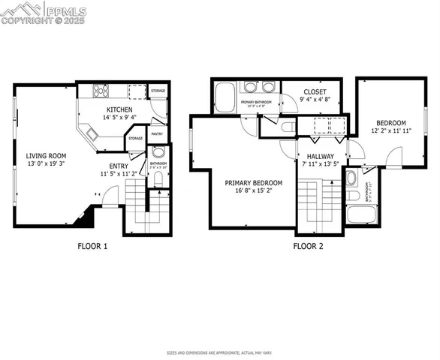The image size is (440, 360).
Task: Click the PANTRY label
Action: tap(157, 133)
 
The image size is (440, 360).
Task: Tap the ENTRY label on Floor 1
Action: tap(119, 166)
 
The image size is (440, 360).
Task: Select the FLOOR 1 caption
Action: tap(93, 245)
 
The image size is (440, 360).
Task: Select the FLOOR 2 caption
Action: tap(309, 245)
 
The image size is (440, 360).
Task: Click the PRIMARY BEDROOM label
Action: tap(254, 182)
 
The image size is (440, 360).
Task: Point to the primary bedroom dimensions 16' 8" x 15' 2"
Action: tap(254, 190)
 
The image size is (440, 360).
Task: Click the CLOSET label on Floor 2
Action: tap(315, 91)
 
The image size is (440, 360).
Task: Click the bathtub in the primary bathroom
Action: tap(225, 95)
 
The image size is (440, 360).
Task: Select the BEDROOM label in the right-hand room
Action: tap(390, 123)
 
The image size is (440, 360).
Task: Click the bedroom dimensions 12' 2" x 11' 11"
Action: tap(390, 131)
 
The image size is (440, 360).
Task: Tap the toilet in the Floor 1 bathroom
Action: tap(158, 179)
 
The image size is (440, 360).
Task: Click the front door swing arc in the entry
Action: tap(110, 199)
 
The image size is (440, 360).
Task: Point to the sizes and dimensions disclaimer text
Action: tap(219, 352)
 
